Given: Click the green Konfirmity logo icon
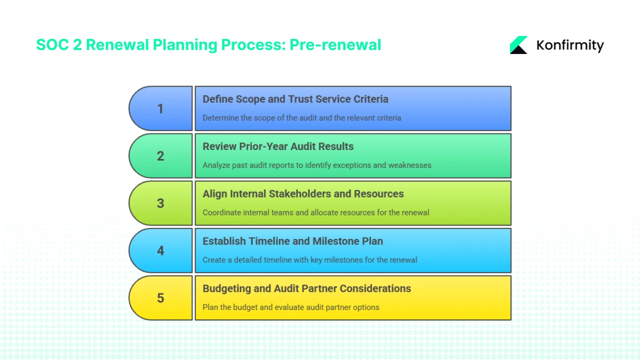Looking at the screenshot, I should tap(518, 45).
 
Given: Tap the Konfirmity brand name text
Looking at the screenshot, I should tap(569, 45).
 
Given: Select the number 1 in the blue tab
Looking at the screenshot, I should tap(160, 108).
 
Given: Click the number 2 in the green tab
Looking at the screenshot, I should tap(160, 156).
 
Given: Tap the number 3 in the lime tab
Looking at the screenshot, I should tap(160, 203).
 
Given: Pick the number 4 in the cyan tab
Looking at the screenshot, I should tap(160, 250).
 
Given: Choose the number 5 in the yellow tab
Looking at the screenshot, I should tap(160, 298).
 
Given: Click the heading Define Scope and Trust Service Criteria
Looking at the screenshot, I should tap(295, 99).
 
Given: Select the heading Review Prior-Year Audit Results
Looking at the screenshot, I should tap(277, 146).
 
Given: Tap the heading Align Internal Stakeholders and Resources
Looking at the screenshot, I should tap(303, 194).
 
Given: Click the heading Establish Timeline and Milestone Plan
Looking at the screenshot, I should tap(292, 241).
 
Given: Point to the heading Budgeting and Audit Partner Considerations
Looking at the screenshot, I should tap(306, 288).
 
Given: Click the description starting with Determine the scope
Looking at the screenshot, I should tap(301, 118).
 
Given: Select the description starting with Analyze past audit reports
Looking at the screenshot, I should tap(316, 165).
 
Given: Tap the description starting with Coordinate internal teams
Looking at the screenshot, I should tap(315, 212).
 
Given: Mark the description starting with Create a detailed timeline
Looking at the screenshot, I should tap(309, 259).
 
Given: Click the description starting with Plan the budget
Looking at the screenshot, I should tap(290, 307).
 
